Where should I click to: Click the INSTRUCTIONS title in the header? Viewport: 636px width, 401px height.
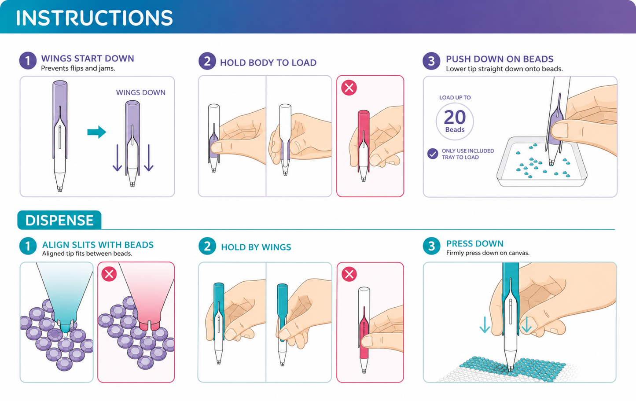pyautogui.click(x=94, y=18)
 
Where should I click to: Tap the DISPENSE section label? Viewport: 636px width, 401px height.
pyautogui.click(x=59, y=220)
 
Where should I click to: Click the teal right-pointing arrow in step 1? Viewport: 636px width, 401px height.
pyautogui.click(x=96, y=132)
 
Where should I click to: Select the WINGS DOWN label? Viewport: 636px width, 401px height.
pyautogui.click(x=140, y=92)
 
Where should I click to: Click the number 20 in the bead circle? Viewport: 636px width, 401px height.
pyautogui.click(x=455, y=117)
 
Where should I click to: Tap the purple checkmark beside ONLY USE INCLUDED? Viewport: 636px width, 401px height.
pyautogui.click(x=433, y=154)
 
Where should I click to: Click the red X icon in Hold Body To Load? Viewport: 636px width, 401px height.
pyautogui.click(x=349, y=88)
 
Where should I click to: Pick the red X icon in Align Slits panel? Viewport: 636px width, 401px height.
pyautogui.click(x=109, y=274)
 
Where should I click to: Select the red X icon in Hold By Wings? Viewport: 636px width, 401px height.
pyautogui.click(x=349, y=274)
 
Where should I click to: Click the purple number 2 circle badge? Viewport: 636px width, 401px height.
pyautogui.click(x=207, y=61)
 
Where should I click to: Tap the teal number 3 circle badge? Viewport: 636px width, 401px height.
pyautogui.click(x=431, y=246)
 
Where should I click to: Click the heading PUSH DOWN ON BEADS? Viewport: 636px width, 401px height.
pyautogui.click(x=500, y=59)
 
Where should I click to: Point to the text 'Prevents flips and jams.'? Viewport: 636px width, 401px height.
pyautogui.click(x=78, y=68)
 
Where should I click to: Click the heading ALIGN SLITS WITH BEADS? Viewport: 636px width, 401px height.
pyautogui.click(x=98, y=245)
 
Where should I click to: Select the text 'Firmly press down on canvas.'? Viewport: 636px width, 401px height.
pyautogui.click(x=488, y=253)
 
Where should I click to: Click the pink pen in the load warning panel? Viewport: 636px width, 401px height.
pyautogui.click(x=364, y=145)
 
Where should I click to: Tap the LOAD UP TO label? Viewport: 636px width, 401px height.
pyautogui.click(x=455, y=98)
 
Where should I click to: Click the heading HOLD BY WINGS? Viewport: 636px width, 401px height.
pyautogui.click(x=256, y=247)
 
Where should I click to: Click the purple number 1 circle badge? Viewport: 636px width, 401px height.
pyautogui.click(x=28, y=61)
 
